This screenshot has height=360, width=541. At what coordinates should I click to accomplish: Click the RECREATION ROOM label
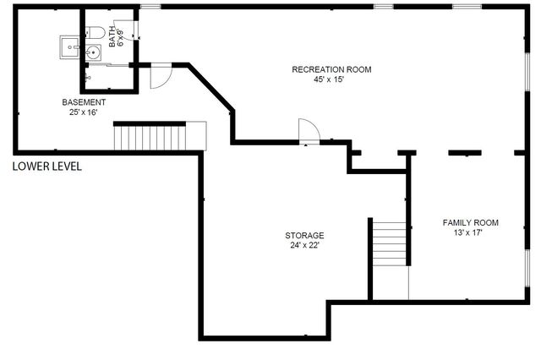coord(331,69)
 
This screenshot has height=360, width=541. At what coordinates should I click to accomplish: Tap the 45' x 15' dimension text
coord(329,79)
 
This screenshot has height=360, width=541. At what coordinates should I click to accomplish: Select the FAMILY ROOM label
coord(471,223)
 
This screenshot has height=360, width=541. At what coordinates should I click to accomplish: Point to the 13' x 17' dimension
coord(467,232)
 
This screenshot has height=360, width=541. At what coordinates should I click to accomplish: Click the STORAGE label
coord(304,236)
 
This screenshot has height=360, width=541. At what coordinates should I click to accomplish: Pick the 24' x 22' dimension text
coord(303,246)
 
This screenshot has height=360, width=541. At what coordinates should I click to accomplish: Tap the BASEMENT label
coord(84,102)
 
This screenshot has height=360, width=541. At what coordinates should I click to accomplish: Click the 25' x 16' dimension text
coord(84,112)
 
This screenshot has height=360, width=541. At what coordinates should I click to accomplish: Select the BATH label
coord(112,36)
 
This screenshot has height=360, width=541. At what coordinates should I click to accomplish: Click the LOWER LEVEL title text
coord(47,166)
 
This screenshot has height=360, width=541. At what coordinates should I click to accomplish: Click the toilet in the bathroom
coord(96,32)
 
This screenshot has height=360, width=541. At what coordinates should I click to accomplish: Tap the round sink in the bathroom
coord(93,52)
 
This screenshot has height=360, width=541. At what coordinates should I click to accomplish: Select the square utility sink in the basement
coord(70,47)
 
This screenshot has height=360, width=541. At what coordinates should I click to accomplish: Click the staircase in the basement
coord(160,136)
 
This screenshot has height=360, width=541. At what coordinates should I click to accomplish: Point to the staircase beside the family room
coord(389,243)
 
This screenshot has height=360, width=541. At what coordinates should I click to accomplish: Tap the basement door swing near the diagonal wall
coord(161,77)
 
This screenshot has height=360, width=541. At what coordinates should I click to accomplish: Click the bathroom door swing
coord(127,30)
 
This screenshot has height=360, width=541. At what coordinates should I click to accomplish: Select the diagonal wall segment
coord(211,88)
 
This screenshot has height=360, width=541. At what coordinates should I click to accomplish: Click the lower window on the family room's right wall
coord(527,268)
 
